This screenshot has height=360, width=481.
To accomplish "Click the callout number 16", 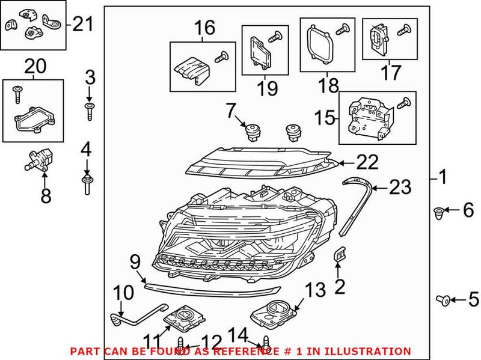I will click(x=203, y=27).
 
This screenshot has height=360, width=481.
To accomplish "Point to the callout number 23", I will click(x=400, y=188).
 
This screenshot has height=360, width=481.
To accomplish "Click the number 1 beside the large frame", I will click(x=443, y=177).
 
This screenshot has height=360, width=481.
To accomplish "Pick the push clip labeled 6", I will click(x=439, y=211).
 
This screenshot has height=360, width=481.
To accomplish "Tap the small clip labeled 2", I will click(x=340, y=257).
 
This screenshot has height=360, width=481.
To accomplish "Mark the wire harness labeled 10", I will click(x=135, y=313).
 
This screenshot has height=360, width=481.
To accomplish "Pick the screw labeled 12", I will click(x=181, y=345).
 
